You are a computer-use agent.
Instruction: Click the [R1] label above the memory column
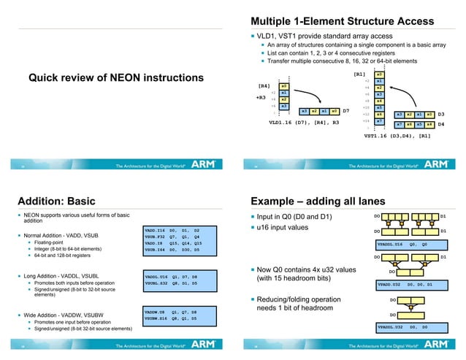click(359, 74)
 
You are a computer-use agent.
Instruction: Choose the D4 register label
click(441, 125)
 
